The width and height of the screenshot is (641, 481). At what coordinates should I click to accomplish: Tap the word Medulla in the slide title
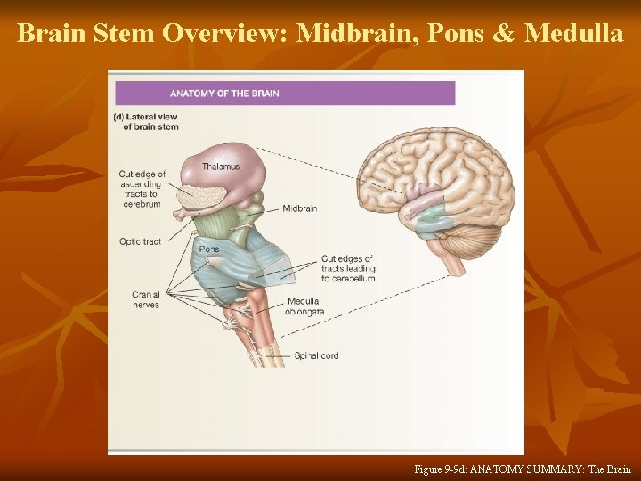coord(574,34)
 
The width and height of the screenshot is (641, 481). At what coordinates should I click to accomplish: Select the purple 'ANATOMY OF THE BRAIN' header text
coord(224,94)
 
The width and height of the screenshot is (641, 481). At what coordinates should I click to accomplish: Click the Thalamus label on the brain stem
coord(221,167)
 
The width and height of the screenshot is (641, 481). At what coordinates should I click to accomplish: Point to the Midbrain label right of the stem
coord(300,208)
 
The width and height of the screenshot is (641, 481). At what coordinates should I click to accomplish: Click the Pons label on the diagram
coord(209,249)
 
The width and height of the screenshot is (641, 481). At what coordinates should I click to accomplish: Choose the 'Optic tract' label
coord(141,241)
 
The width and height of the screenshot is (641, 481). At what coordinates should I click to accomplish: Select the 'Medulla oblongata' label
coord(305,306)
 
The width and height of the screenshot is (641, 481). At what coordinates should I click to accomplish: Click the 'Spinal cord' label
coord(316,355)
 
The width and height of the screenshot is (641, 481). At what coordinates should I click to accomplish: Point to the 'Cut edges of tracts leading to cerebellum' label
coord(348,268)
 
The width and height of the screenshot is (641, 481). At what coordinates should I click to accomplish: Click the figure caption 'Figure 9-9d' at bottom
coord(523,469)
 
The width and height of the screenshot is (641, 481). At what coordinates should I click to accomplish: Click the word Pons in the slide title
coord(453,34)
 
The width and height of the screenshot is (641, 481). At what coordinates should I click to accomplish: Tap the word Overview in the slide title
coord(223,34)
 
